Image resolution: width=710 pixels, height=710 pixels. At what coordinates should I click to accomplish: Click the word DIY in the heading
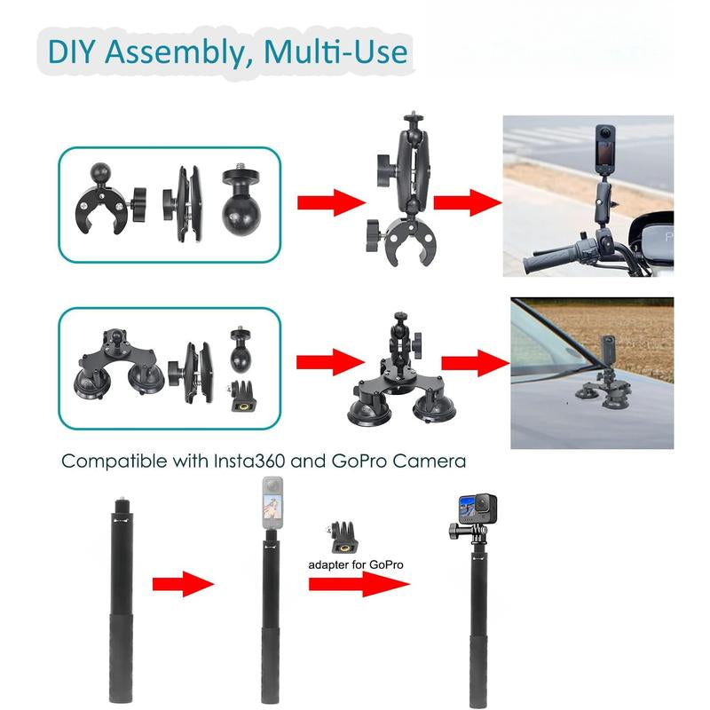[71, 51]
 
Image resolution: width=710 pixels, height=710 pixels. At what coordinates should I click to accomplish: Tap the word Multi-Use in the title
[335, 51]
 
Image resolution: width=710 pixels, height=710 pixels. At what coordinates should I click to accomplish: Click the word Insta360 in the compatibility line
[249, 461]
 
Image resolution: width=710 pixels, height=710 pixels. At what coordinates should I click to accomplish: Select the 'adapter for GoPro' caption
[356, 564]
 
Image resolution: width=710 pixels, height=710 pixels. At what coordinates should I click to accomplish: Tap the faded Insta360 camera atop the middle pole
[272, 502]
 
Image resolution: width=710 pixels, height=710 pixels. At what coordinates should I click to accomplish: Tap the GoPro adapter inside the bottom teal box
[242, 396]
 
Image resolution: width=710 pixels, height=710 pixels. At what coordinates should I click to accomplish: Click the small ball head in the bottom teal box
[241, 348]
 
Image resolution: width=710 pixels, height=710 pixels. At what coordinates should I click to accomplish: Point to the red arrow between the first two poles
[183, 584]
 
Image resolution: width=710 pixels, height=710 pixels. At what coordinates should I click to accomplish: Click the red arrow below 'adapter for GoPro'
[359, 584]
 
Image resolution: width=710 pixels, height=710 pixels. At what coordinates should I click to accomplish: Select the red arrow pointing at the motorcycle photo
[468, 202]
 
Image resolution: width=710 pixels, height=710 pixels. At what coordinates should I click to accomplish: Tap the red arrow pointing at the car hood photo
[476, 363]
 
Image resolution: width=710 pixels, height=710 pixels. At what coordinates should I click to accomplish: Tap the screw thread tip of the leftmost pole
[121, 502]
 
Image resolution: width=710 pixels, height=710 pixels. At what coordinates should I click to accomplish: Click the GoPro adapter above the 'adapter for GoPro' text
[342, 538]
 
